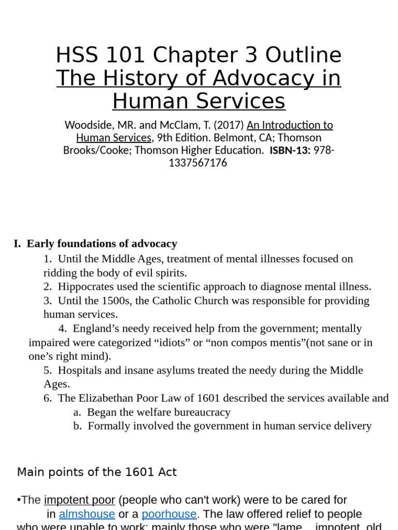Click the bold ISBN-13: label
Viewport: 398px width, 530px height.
(x=289, y=151)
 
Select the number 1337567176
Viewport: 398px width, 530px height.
(x=198, y=163)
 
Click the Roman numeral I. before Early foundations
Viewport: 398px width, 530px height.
(x=18, y=244)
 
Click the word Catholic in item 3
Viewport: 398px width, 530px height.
(x=190, y=301)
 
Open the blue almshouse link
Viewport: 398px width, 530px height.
(x=87, y=514)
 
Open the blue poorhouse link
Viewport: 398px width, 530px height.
(x=169, y=514)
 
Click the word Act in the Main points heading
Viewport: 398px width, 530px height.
(x=168, y=472)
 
